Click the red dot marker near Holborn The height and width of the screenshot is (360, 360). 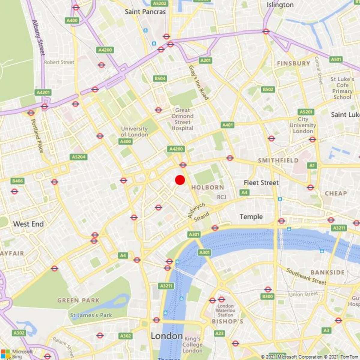point(180,180)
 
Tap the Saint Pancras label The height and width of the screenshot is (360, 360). point(145,12)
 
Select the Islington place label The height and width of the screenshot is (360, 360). point(280,5)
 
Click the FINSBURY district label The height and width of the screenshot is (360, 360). point(293,63)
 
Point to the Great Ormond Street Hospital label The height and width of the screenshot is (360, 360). point(182,119)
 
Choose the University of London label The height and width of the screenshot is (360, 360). point(134,132)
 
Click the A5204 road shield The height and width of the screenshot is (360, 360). point(79,157)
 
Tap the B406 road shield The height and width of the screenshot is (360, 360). point(17,181)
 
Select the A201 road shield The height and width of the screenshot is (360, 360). point(205,61)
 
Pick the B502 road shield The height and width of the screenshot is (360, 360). point(268,89)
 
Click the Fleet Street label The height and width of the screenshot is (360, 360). point(261,183)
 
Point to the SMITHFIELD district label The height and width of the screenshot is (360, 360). point(278,160)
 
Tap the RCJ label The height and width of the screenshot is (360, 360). point(222,197)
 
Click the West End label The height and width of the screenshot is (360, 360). point(28,224)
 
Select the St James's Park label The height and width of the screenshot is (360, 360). point(91,315)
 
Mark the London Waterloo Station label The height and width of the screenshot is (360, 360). point(225,310)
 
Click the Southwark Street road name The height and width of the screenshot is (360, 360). point(306,276)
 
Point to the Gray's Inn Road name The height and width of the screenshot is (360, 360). point(198,82)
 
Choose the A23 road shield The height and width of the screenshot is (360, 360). point(219,333)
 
